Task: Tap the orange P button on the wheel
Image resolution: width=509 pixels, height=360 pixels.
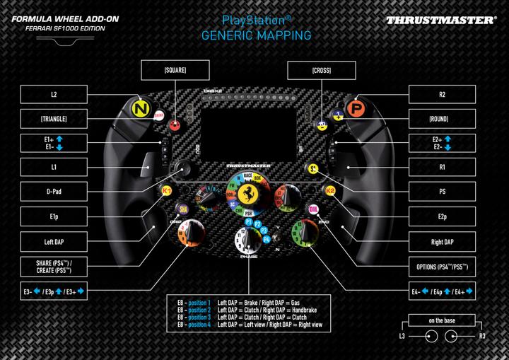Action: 358,108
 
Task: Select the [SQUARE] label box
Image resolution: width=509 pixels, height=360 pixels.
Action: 175,70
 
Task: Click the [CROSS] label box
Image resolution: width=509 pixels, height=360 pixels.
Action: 321,70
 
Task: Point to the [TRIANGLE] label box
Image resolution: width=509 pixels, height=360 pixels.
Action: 53,117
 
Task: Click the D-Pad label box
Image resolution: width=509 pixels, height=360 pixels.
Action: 53,191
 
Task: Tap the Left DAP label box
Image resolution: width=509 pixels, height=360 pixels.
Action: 53,241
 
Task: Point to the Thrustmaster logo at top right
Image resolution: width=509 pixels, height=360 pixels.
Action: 440,20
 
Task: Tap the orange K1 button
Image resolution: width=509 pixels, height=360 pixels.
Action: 168,190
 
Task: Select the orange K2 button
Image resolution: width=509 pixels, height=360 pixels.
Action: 329,190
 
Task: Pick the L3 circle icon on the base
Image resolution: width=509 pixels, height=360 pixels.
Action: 427,337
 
